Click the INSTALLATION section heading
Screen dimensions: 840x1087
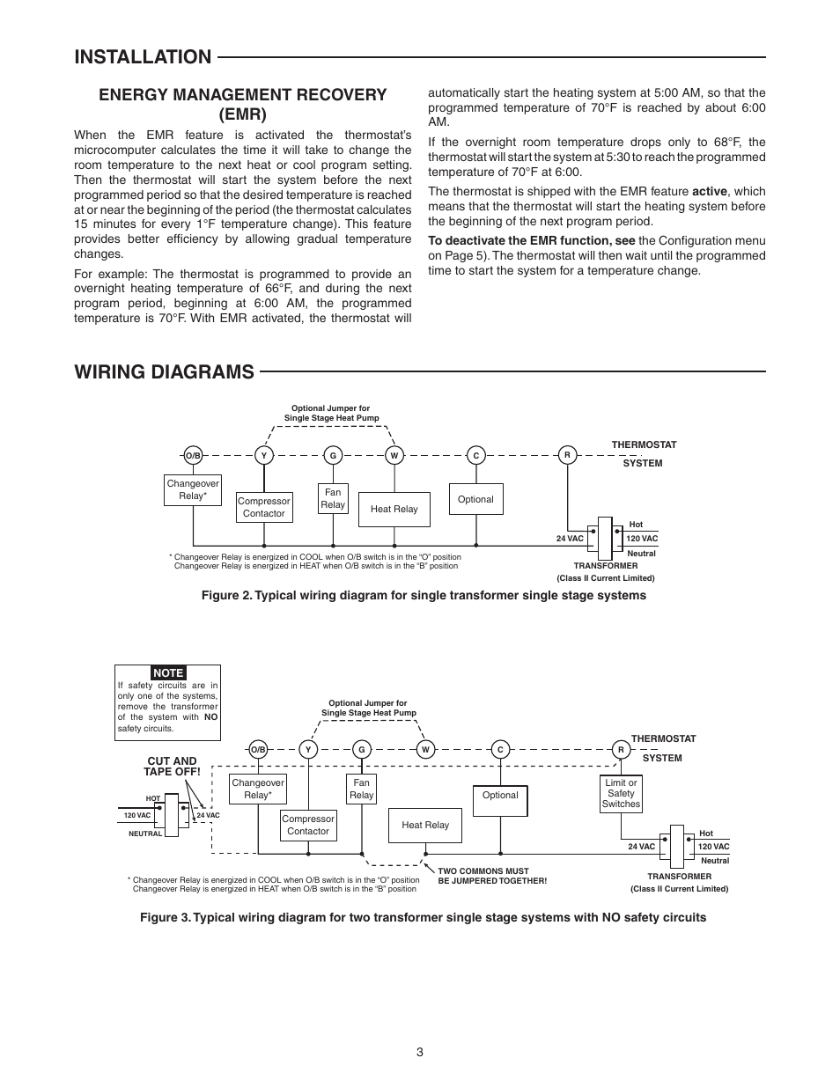143,57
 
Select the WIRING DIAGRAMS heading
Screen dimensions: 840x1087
164,372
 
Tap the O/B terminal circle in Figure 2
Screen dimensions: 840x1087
193,455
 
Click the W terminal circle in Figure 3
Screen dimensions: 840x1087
425,749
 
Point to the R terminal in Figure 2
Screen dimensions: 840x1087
567,455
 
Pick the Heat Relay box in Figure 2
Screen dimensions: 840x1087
394,510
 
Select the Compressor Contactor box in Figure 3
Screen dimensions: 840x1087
308,825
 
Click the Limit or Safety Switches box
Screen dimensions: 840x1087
621,793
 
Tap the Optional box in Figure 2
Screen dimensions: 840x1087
475,499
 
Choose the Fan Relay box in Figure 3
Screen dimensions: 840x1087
361,789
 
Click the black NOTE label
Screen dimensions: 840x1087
168,672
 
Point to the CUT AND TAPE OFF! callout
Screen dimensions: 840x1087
172,767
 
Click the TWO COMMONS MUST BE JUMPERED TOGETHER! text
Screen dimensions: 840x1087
492,876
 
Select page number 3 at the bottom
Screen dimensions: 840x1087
420,1052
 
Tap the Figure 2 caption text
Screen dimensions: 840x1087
424,595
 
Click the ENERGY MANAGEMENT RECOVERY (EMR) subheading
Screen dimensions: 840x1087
243,105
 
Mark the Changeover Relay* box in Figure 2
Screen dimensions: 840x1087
193,490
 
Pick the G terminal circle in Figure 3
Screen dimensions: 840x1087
361,749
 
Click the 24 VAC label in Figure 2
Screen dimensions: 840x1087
570,539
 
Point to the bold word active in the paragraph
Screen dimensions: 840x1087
710,192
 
